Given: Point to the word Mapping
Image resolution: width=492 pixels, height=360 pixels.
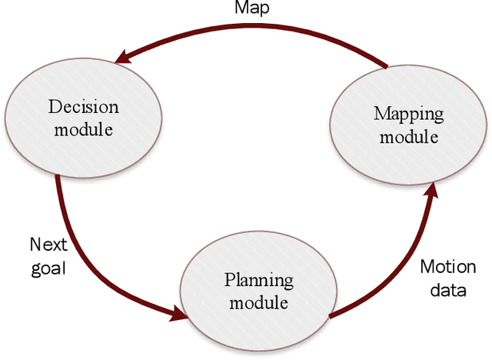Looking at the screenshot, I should (x=408, y=114).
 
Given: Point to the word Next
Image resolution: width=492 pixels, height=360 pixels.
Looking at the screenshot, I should (x=48, y=245).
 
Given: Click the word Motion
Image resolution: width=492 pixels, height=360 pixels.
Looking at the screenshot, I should (x=447, y=267).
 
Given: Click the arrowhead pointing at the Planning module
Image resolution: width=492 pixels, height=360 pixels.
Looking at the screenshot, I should (x=180, y=314).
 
